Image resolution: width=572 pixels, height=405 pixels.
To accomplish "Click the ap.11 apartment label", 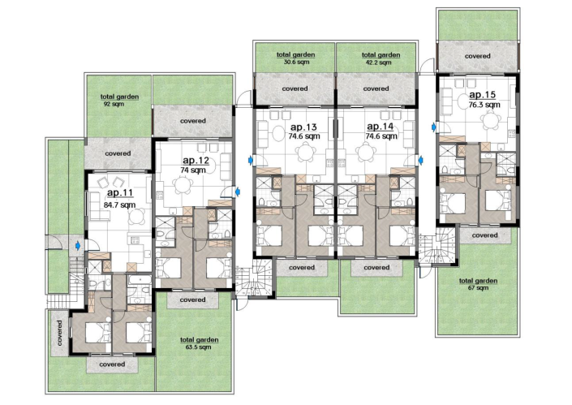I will pyautogui.click(x=119, y=194).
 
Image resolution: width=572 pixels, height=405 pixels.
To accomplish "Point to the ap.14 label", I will pyautogui.click(x=380, y=127).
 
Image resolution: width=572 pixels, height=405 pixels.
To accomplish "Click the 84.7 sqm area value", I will pyautogui.click(x=119, y=205).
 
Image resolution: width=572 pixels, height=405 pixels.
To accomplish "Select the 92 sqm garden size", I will pyautogui.click(x=114, y=104).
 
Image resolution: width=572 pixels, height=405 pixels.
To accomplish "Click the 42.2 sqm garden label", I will pyautogui.click(x=376, y=62).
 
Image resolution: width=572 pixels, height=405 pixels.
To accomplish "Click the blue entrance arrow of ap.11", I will pyautogui.click(x=78, y=244).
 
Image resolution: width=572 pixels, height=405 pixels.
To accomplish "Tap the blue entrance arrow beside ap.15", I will pyautogui.click(x=433, y=127).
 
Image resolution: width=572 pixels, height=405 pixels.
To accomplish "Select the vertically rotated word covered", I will pyautogui.click(x=60, y=330).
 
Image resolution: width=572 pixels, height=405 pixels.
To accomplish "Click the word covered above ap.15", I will pyautogui.click(x=477, y=56).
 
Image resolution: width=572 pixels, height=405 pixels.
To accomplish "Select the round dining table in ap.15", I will pyautogui.click(x=489, y=121).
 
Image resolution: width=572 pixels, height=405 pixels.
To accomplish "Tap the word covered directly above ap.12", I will pyautogui.click(x=192, y=121).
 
